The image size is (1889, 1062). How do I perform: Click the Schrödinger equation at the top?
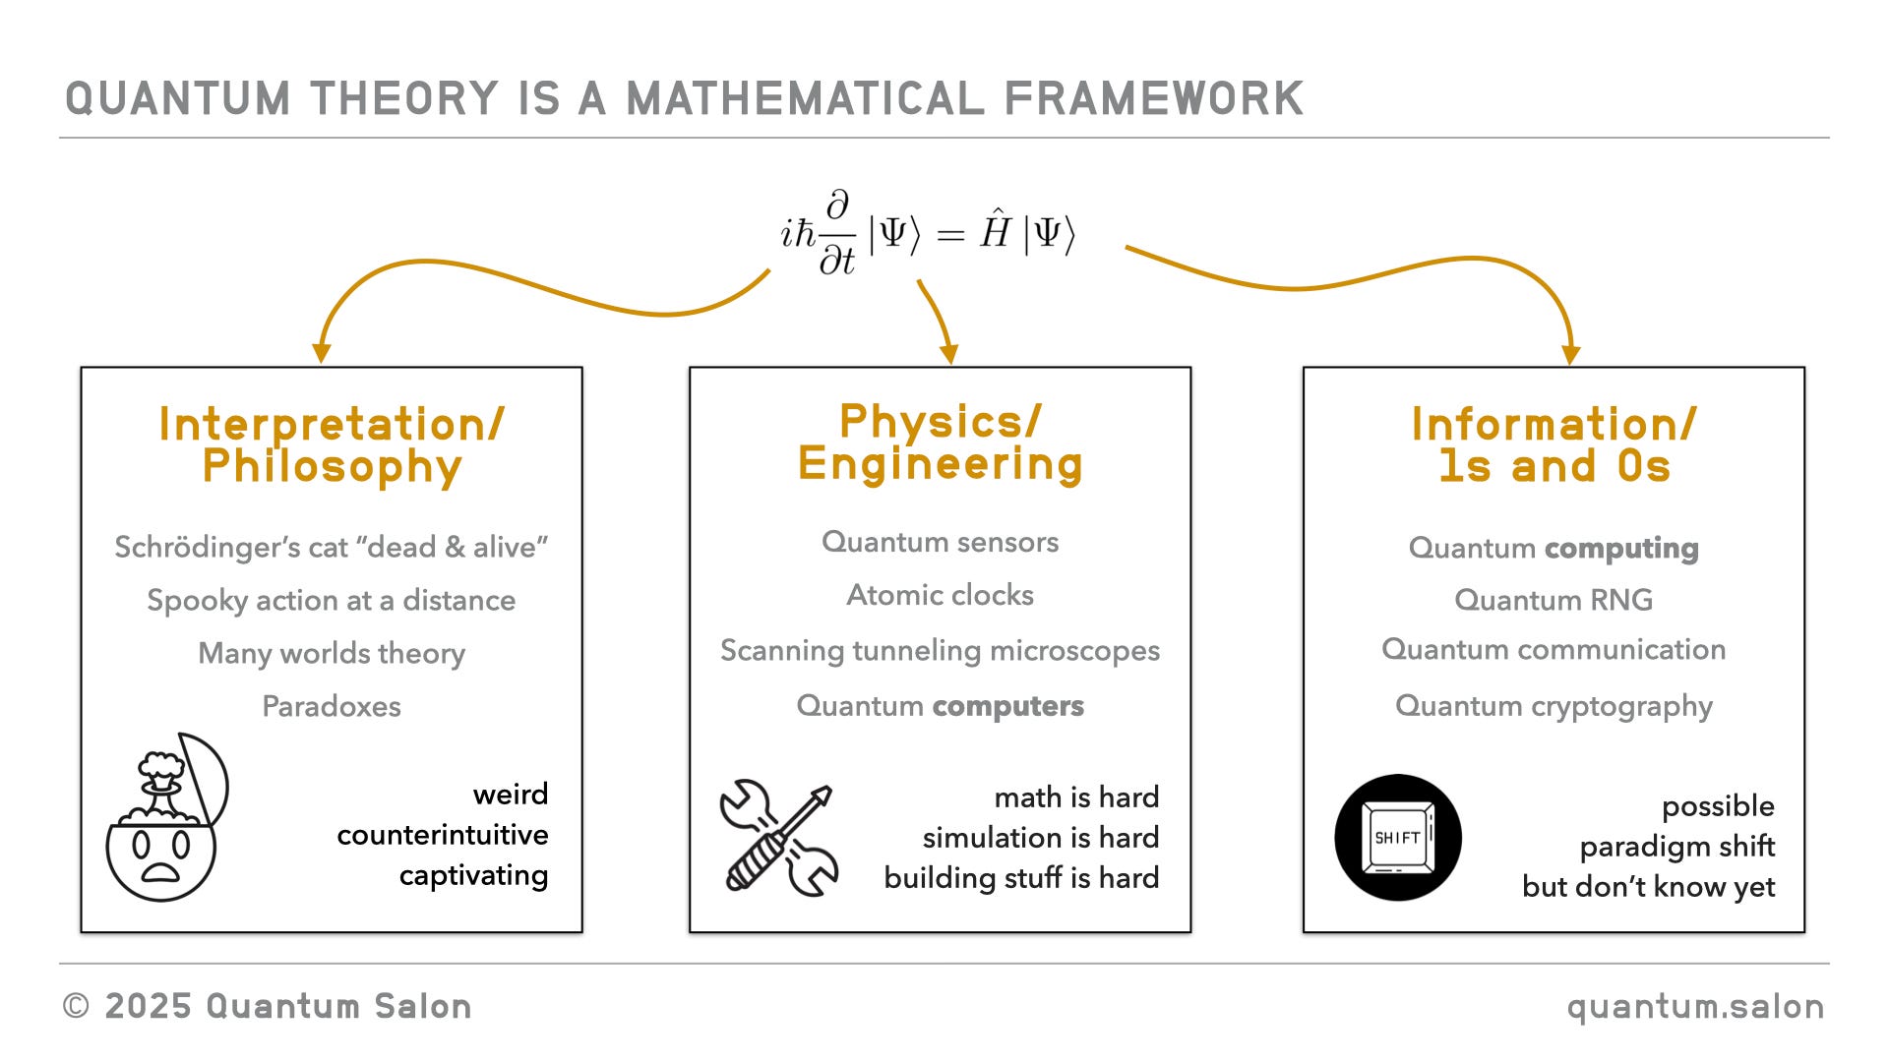click(x=928, y=234)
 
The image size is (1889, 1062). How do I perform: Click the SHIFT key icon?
click(x=1397, y=838)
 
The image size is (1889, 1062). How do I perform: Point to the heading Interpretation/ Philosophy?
click(x=332, y=445)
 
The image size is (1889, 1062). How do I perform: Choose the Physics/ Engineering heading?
click(x=940, y=442)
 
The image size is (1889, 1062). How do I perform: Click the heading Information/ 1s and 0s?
click(x=1554, y=445)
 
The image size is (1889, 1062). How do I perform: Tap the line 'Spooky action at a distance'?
click(x=332, y=600)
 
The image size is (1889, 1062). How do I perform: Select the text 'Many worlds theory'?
click(x=332, y=653)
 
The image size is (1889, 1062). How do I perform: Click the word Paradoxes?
click(x=332, y=706)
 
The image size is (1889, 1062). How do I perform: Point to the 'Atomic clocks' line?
click(x=940, y=595)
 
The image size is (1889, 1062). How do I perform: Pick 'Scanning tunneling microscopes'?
click(x=940, y=650)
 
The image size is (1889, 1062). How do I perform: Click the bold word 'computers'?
click(x=1007, y=706)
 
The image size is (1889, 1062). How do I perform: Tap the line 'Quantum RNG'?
click(x=1554, y=600)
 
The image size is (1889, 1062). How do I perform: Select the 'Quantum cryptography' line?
click(x=1554, y=706)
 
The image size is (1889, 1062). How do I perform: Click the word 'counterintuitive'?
click(x=443, y=835)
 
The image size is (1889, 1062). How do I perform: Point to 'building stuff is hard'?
click(x=1021, y=877)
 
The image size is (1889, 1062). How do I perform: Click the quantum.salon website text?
click(x=1695, y=1007)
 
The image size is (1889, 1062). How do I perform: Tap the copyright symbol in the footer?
click(x=76, y=1006)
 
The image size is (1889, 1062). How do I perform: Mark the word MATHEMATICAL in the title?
click(x=805, y=99)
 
